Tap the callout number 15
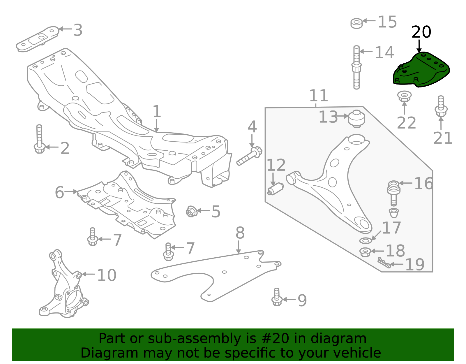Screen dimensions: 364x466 387,22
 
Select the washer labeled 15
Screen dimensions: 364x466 356,23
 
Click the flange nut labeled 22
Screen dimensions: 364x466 404,96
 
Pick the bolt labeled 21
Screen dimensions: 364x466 441,106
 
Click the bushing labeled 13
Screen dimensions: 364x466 357,119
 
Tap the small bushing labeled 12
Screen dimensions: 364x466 276,189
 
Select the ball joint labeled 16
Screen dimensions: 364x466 394,193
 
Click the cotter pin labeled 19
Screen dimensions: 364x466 384,262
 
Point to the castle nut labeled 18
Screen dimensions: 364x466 365,252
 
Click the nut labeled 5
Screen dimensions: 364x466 191,211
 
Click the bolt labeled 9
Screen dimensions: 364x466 277,298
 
